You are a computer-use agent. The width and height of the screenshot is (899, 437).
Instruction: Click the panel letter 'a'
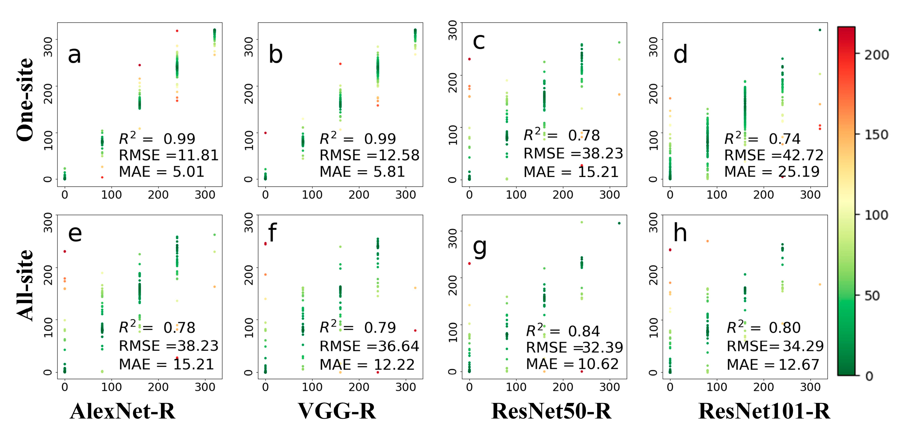point(74,55)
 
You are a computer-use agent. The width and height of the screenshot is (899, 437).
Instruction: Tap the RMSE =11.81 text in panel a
point(169,155)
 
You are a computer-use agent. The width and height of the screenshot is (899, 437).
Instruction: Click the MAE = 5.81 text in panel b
point(362,172)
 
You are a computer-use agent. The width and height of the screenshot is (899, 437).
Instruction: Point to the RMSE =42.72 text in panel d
point(774,155)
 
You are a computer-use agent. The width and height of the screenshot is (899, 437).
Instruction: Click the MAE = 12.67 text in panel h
point(773,364)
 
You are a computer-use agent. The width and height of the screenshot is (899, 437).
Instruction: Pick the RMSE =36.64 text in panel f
point(369,346)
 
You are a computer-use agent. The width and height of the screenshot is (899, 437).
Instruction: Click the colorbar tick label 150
point(876,135)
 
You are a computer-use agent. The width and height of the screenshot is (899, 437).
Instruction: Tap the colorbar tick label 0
point(869,376)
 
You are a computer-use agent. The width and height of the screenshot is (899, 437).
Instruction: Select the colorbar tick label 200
point(876,55)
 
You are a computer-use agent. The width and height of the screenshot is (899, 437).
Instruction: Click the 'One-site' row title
point(25,99)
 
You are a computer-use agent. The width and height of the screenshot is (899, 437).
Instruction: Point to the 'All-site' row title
point(25,285)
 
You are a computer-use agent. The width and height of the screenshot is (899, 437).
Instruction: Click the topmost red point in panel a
point(177,31)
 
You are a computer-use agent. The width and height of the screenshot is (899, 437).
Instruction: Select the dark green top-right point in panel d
point(820,30)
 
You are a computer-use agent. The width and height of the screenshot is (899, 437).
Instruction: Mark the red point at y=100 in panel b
point(266,133)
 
